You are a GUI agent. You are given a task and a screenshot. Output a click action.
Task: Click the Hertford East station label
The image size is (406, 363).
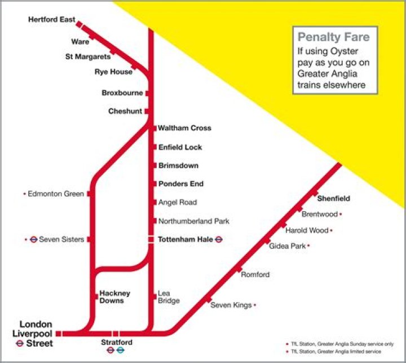click(51, 20)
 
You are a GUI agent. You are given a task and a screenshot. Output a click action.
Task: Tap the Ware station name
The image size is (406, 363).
click(80, 42)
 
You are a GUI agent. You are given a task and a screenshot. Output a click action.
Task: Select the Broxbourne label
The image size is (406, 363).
click(122, 93)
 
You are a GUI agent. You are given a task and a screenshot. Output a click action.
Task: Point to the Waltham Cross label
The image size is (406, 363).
click(184, 128)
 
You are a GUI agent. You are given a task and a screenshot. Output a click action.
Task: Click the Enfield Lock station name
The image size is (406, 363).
click(180, 147)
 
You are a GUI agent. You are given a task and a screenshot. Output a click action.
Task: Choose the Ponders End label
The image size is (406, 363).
click(180, 184)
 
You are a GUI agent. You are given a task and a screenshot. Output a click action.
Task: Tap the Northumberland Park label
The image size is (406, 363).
click(193, 221)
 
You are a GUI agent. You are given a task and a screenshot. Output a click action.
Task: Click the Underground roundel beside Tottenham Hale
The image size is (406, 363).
click(219, 239)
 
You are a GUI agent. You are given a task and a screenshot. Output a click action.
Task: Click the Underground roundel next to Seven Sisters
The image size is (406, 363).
click(33, 239)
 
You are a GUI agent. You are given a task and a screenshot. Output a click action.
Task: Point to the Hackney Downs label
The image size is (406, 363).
click(115, 297)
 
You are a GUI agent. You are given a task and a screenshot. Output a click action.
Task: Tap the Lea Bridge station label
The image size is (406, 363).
click(169, 297)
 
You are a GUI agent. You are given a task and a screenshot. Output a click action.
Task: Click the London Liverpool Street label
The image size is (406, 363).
click(36, 334)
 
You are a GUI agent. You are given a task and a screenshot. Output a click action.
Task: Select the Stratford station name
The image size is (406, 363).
click(117, 342)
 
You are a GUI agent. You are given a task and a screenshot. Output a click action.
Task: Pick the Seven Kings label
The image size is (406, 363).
click(231, 305)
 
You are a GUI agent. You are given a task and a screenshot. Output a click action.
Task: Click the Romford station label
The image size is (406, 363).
click(255, 275)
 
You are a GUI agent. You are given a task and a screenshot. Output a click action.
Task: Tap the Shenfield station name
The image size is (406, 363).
click(333, 199)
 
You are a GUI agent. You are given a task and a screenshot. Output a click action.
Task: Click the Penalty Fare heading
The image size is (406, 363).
click(334, 38)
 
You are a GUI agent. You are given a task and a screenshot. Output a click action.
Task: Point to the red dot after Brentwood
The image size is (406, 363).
click(341, 215)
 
